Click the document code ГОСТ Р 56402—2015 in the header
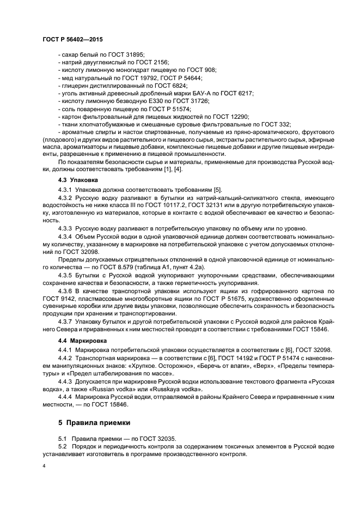click(x=72, y=41)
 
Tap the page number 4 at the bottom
click(x=44, y=466)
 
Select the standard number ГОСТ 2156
click(x=154, y=62)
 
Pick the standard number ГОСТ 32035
click(x=140, y=439)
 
